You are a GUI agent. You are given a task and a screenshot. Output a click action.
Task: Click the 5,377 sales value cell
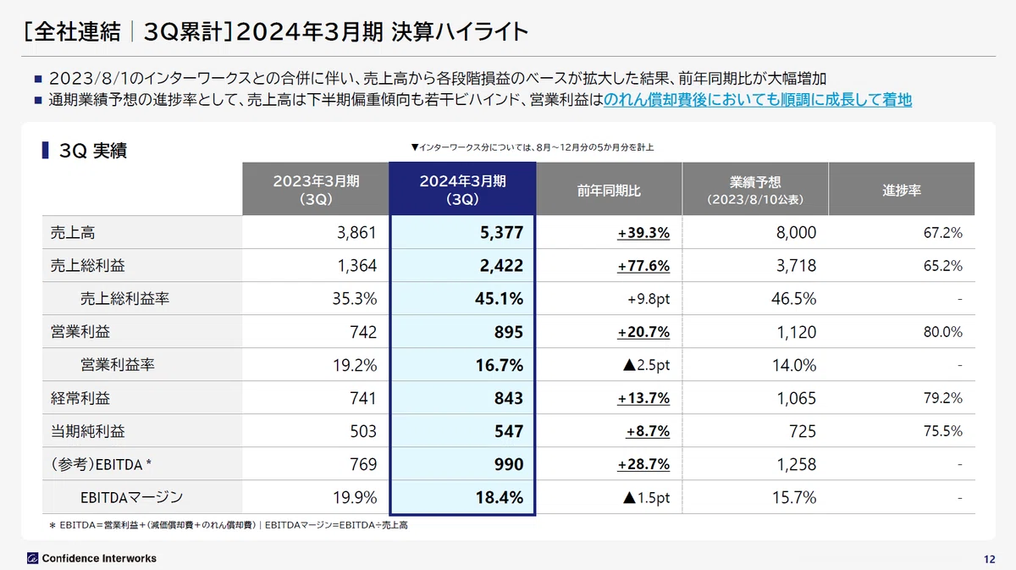pos(501,232)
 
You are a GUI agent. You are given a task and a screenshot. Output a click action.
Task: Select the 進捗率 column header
pos(902,190)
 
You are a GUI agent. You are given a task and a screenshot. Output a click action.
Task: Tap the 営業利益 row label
pos(80,332)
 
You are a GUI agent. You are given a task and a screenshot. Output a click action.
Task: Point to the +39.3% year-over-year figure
pos(643,233)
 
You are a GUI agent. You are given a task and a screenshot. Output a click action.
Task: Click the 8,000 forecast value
pos(796,232)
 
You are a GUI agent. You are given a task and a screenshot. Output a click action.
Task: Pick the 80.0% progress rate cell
pos(942,332)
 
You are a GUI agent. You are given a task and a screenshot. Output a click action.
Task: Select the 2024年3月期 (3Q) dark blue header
pos(462,189)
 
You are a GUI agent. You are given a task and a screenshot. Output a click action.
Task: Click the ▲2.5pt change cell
pos(646,365)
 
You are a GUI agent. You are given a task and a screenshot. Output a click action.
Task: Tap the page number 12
pos(989,559)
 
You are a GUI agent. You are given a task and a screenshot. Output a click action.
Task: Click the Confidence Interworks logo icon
pos(33,558)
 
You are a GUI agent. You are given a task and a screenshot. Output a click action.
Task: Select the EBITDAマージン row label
pos(131,497)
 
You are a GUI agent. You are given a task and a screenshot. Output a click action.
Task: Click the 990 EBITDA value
pos(509,464)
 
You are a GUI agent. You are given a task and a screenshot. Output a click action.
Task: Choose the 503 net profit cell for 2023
pos(363,431)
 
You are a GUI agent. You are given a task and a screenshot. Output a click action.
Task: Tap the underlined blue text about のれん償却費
pos(758,99)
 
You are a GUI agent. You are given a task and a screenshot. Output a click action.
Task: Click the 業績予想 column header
pos(755,190)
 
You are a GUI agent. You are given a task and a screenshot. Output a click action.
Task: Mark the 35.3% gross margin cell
pos(354,299)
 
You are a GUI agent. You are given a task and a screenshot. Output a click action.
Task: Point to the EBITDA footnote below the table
pos(228,525)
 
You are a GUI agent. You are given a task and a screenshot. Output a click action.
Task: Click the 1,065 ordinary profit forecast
pos(797,398)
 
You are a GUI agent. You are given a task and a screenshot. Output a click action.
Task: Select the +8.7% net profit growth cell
pos(648,431)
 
